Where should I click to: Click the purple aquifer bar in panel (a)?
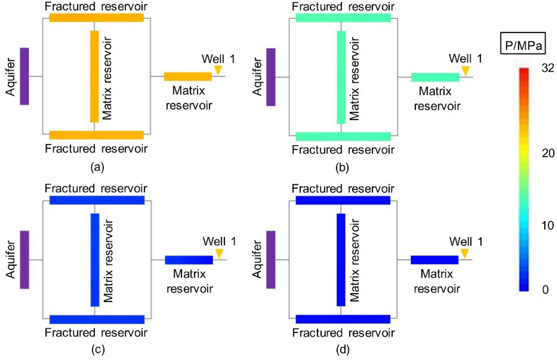pos(24,76)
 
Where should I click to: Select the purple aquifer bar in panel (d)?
pos(271,259)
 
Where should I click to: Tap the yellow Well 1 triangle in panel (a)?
pos(218,70)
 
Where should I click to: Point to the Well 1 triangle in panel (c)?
pos(219,253)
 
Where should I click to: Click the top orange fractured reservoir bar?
pos(96,17)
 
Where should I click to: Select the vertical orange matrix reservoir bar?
pos(94,76)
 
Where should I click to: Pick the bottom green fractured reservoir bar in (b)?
pos(343,136)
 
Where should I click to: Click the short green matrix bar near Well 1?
pos(435,77)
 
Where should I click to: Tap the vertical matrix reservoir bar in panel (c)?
pos(95,260)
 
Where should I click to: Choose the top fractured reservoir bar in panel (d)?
pos(343,200)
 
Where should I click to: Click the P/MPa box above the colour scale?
pos(523,44)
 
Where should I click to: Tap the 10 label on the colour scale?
pos(548,225)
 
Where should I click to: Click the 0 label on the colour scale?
pos(545,290)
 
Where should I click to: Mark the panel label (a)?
pos(97,167)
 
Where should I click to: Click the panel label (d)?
pos(343,349)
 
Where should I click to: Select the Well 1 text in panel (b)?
pos(465,58)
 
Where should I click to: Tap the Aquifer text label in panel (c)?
pos(11,259)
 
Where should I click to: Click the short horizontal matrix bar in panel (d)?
pos(434,260)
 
